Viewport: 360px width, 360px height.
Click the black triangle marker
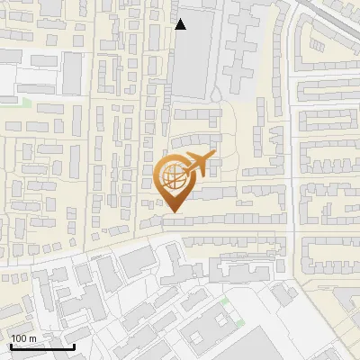click(181, 24)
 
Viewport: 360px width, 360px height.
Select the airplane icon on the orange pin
click(197, 165)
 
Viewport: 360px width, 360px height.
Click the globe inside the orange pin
click(174, 178)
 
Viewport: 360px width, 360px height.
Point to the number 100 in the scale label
click(19, 338)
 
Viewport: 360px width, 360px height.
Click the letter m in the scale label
click(32, 338)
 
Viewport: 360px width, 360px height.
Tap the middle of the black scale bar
click(41, 346)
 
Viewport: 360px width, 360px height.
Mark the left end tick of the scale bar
click(10, 345)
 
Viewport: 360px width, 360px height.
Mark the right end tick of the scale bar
click(73, 345)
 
